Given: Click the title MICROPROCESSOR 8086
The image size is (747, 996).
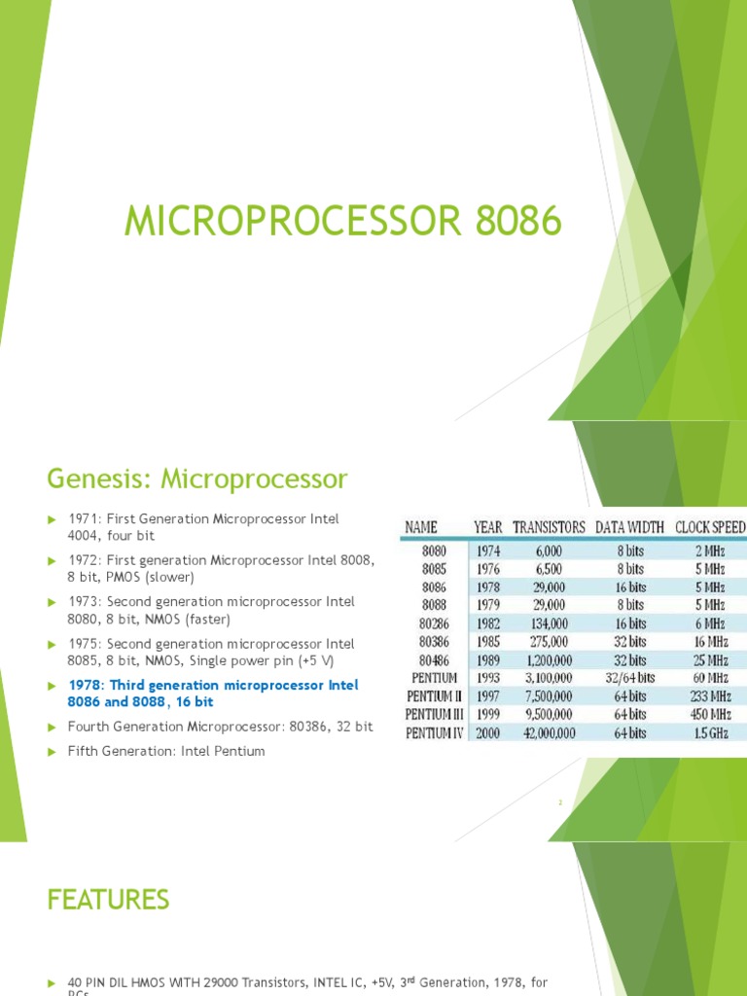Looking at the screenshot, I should click(342, 222).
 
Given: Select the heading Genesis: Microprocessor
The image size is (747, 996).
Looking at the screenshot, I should click(196, 479).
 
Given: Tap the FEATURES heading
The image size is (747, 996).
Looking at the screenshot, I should click(108, 900).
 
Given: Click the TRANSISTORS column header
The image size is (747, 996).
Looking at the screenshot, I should click(549, 527).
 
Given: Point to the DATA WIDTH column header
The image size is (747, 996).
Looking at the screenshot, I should click(629, 527).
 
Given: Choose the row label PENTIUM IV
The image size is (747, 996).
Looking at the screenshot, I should click(433, 732).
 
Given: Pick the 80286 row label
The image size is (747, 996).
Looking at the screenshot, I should click(433, 623).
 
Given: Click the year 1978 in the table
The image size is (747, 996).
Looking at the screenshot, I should click(487, 587).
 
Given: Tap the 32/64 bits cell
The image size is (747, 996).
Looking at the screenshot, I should click(629, 678).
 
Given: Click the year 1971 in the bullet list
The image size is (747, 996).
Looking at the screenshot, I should click(84, 519).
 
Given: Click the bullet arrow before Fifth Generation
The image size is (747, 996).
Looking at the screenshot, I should click(53, 752).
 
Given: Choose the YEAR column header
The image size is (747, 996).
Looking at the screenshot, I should click(487, 527).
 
